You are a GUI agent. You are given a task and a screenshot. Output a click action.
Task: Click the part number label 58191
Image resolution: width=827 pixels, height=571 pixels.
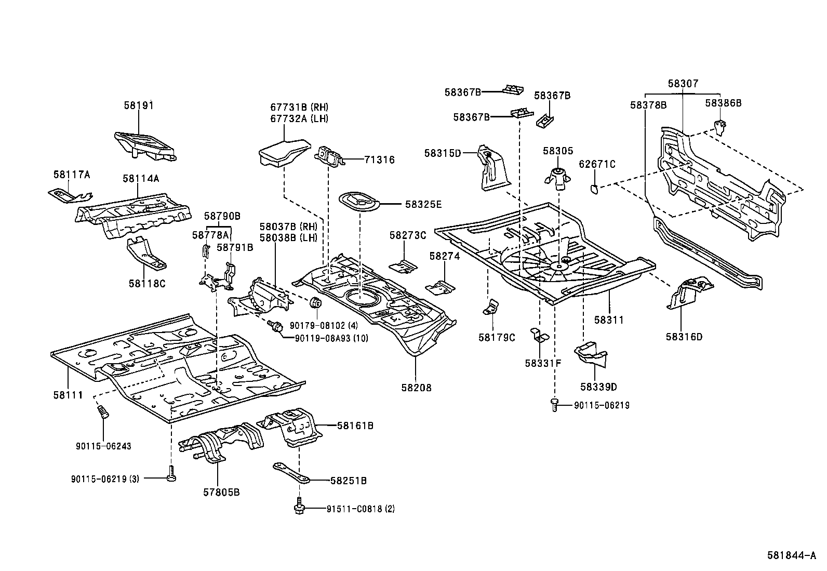(139, 105)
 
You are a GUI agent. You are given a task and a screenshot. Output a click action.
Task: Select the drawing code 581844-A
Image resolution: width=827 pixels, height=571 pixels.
(791, 555)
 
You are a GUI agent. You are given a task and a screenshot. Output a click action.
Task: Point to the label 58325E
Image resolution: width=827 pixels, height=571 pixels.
(423, 204)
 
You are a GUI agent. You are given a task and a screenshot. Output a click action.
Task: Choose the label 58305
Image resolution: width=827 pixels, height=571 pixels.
(558, 151)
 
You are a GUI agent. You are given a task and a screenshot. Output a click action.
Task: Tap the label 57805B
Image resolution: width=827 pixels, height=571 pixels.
(222, 492)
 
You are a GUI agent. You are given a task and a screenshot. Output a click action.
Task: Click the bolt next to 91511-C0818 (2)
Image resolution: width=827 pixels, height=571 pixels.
(299, 506)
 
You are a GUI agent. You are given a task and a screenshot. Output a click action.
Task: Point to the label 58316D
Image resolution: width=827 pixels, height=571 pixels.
(684, 337)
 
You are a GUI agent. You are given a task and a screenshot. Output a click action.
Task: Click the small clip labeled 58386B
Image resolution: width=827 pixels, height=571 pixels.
(719, 126)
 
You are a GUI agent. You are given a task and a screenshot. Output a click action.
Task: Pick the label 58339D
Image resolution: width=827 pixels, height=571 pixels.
(598, 387)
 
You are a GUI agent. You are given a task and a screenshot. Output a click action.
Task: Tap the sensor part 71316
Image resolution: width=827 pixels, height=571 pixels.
(329, 156)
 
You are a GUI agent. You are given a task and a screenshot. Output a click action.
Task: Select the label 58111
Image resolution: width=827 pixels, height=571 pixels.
(68, 395)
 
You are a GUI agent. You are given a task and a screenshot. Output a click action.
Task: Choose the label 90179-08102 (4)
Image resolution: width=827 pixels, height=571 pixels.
(324, 325)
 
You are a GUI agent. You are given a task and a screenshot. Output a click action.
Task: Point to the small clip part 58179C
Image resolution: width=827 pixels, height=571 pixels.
(490, 308)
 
